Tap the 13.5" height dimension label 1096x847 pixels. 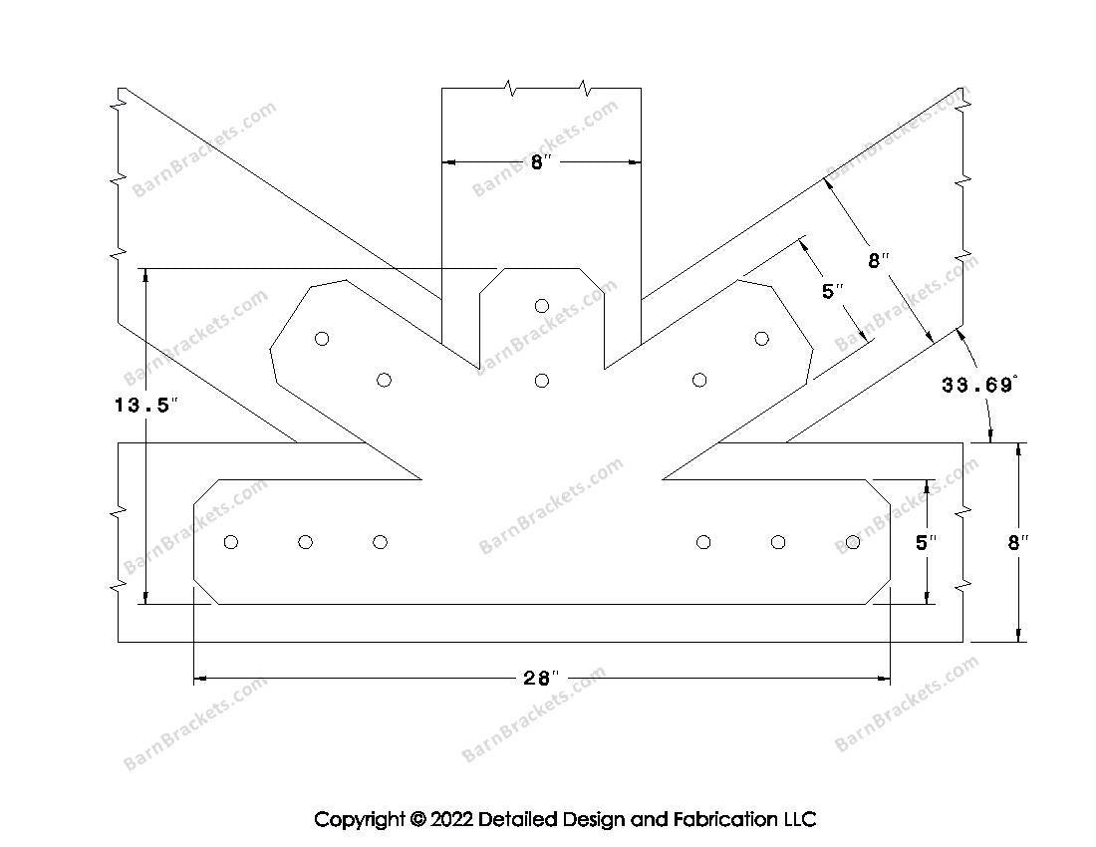144,406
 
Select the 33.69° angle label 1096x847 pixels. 979,385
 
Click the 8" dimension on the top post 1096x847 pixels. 541,162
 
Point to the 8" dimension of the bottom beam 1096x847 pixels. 1018,543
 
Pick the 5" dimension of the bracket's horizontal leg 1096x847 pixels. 927,543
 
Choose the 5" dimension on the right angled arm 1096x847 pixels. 833,293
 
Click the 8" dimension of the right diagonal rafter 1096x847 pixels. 877,261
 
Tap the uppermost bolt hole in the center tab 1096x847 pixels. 542,306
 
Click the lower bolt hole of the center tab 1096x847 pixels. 542,380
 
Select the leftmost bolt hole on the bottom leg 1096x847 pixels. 231,542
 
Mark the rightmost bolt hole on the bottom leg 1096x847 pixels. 853,542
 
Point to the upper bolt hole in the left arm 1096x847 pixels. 322,339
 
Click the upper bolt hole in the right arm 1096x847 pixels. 762,339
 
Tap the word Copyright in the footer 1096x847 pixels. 359,820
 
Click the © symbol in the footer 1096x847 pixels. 416,820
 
